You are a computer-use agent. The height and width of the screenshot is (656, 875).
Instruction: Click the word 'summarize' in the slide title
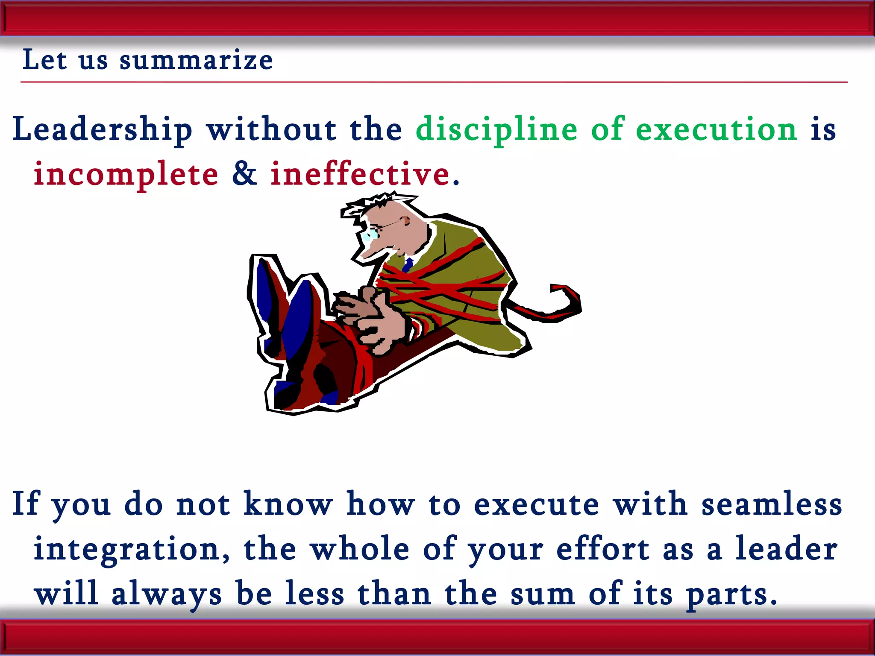[x=196, y=60]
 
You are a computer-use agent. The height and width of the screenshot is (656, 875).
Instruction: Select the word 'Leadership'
[x=103, y=129]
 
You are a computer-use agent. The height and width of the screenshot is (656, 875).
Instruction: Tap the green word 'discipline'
[x=496, y=129]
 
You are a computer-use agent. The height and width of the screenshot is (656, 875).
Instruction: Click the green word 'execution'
[x=716, y=129]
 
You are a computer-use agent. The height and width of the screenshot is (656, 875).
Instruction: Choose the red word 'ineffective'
[x=360, y=174]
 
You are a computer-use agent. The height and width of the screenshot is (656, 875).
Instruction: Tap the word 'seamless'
[x=772, y=504]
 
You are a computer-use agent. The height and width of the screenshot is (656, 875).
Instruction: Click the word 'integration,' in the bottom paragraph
[x=132, y=550]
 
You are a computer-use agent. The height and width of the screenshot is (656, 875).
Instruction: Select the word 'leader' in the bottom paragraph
[x=786, y=549]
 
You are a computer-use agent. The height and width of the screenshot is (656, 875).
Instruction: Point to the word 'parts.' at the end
[x=731, y=594]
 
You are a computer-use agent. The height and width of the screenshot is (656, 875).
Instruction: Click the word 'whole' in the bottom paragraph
[x=360, y=549]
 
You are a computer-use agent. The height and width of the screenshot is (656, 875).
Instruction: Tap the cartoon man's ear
[x=405, y=221]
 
